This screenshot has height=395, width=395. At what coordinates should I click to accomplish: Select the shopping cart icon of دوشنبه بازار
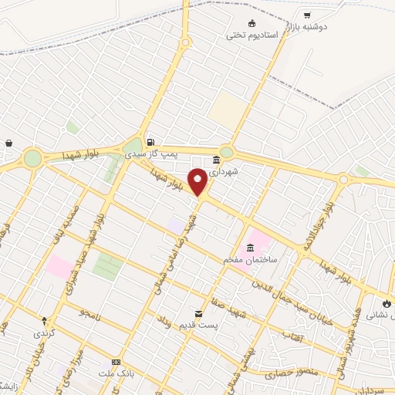(307, 15)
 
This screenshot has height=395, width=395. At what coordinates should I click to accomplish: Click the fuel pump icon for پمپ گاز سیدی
(150, 142)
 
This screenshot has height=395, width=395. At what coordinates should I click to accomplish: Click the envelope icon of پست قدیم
(200, 314)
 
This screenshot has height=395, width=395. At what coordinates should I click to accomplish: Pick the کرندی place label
(43, 334)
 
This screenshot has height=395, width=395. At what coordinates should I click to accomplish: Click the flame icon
(387, 304)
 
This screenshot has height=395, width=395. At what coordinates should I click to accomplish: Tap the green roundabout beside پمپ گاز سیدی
(132, 146)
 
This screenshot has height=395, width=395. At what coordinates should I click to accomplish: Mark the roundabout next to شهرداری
(226, 152)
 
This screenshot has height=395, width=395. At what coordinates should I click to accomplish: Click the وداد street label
(164, 325)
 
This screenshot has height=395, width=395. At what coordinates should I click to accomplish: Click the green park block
(107, 266)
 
